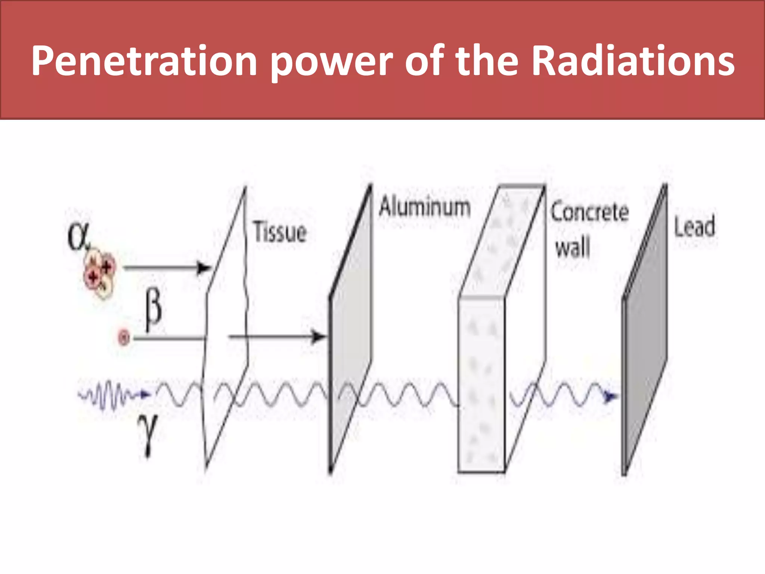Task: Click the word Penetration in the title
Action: [144, 61]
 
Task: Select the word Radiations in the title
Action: [633, 61]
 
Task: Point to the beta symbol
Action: [153, 310]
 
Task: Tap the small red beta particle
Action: [124, 338]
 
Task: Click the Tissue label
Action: [280, 232]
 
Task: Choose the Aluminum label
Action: [424, 207]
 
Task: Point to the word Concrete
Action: [589, 212]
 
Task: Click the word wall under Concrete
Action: [572, 247]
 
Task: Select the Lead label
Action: [694, 226]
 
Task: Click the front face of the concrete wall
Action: [481, 385]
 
